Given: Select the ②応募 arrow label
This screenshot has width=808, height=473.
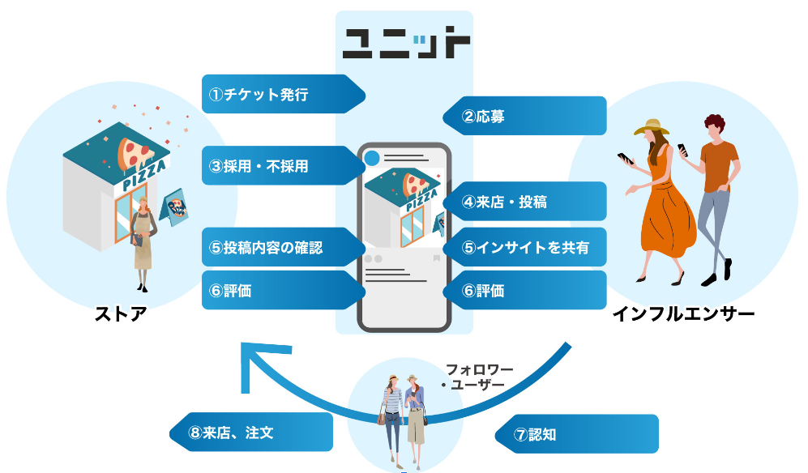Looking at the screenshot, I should (x=528, y=116).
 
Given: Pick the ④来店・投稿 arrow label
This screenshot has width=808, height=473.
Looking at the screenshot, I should (x=528, y=202).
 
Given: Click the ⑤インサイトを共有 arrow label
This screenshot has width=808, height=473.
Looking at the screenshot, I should (x=528, y=248).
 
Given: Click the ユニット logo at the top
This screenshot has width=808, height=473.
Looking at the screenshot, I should (x=405, y=43).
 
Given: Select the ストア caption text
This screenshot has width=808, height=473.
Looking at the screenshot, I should (x=121, y=313).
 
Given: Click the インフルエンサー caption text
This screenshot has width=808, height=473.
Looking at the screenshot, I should (x=683, y=313).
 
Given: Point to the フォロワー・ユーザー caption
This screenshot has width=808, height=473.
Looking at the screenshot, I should (x=479, y=377).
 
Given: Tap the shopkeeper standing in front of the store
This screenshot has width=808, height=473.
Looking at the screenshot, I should (x=142, y=243).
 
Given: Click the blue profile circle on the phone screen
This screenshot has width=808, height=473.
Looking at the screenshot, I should (x=372, y=158).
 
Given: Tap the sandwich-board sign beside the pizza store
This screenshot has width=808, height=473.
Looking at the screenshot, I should (x=177, y=208).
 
